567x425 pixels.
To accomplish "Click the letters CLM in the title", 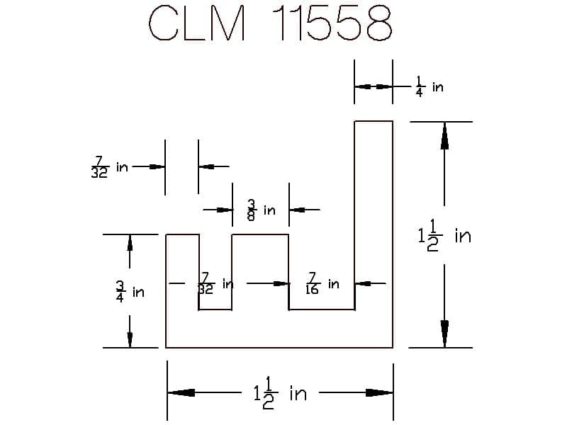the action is tap(198, 23).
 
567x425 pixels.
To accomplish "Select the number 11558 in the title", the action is tap(332, 23).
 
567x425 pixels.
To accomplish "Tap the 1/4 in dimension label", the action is tap(430, 86).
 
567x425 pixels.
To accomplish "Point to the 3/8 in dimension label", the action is tap(261, 210).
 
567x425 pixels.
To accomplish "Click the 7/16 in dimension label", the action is tap(322, 284).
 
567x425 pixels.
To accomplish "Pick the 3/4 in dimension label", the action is tap(130, 292).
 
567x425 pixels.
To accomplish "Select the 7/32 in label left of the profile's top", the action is tap(110, 167).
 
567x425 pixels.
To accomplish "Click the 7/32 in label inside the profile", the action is tap(215, 284).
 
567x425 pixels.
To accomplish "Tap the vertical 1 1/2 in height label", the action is tap(444, 235).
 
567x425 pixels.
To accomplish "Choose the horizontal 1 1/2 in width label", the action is tap(280, 393).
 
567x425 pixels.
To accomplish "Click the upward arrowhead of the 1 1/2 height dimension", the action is tap(444, 136).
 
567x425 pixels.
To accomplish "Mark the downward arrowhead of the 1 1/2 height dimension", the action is tap(444, 334).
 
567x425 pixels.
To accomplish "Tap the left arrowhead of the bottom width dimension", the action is tap(181, 393).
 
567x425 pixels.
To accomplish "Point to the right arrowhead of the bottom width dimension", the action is tap(379, 393).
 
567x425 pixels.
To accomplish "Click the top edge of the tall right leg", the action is tap(374, 121).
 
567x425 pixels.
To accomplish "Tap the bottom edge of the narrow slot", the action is tap(215, 310).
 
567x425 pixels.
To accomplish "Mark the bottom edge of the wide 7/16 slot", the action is tap(322, 310).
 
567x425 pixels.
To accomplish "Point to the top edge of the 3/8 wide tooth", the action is tap(260, 234).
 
